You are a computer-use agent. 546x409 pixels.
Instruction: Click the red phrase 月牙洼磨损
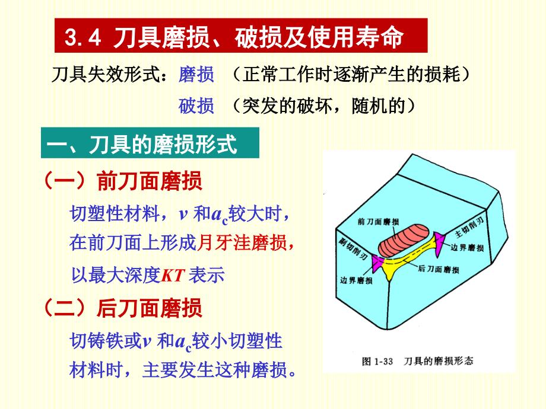point(243,242)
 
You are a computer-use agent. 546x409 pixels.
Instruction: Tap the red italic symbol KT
point(174,275)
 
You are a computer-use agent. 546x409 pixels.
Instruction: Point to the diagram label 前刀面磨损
point(379,222)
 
